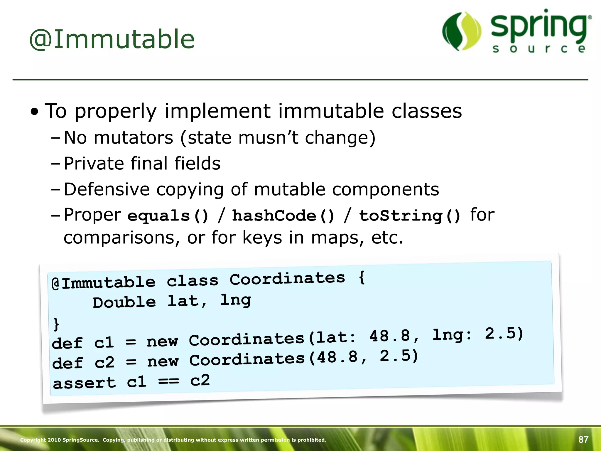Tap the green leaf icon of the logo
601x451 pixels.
462,31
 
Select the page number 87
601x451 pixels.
583,440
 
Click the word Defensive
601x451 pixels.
107,189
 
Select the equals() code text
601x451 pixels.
168,216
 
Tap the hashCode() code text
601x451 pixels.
283,216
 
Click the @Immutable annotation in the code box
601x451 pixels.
103,282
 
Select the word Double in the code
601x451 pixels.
124,302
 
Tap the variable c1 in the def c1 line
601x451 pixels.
104,342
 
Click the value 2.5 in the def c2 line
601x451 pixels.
399,356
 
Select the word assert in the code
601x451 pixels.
85,383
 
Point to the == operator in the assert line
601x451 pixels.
168,381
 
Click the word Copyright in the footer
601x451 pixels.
33,440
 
